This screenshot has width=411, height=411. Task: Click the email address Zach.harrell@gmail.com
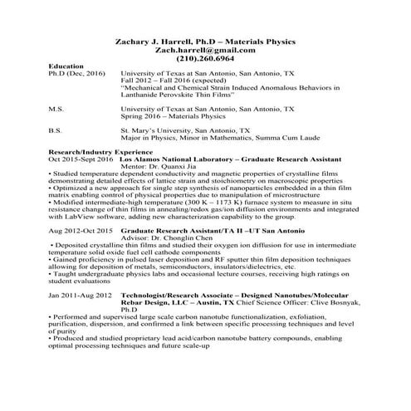coord(204,50)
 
